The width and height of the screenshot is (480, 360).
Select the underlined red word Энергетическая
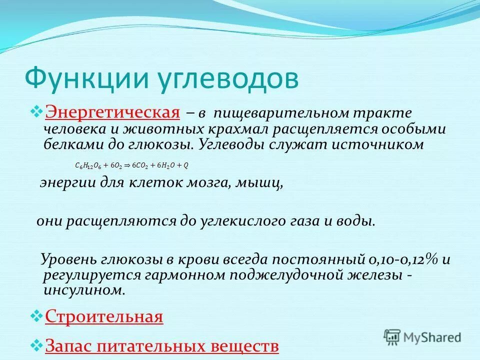click(x=112, y=113)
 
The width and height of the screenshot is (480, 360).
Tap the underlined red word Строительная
click(x=104, y=316)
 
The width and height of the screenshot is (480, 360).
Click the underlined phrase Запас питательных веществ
click(x=161, y=345)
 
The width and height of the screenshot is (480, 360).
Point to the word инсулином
click(x=83, y=290)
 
